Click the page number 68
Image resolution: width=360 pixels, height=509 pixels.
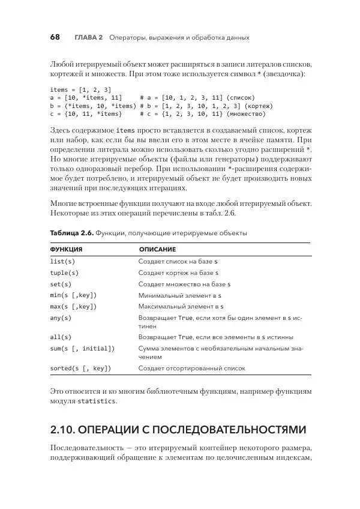(55, 37)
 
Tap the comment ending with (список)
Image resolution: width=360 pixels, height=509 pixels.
(198, 97)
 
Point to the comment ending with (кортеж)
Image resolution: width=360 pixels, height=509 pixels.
(202, 105)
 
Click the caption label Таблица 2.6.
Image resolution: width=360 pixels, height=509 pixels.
(71, 232)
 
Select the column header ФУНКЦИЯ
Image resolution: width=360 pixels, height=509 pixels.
(66, 248)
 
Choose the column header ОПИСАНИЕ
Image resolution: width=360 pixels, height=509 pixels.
(157, 248)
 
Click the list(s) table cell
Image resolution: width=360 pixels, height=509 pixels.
(62, 262)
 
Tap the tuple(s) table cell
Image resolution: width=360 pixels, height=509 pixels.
(64, 273)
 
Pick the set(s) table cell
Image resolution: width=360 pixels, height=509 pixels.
(61, 284)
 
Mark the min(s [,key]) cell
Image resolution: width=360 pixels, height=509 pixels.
(73, 295)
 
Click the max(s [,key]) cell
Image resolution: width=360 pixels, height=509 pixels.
(73, 306)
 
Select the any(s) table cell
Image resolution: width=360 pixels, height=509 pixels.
(61, 318)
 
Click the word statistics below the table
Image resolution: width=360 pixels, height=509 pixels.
(98, 401)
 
